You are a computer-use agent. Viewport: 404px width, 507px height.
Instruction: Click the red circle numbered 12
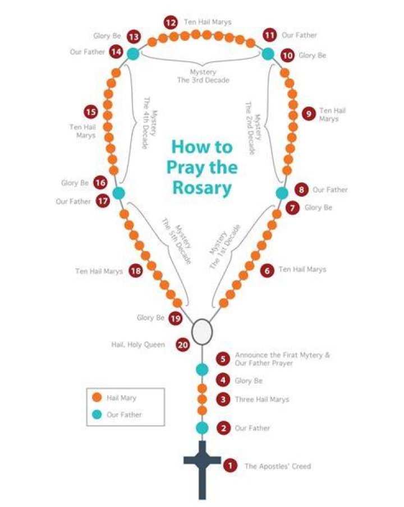pos(171,22)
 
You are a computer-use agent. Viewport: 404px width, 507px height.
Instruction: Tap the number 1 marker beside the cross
pos(230,465)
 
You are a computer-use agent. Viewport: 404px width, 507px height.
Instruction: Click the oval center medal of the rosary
pos(202,331)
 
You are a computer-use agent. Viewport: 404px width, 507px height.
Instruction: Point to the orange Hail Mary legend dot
pos(97,398)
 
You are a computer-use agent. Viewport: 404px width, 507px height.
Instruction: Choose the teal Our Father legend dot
pos(97,414)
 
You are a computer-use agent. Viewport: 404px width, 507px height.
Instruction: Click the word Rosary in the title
pos(202,187)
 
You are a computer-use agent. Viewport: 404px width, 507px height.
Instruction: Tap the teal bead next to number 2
pos(202,428)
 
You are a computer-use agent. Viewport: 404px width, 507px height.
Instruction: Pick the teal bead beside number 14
pos(133,54)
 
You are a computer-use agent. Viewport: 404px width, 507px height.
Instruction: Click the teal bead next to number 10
pos(268,54)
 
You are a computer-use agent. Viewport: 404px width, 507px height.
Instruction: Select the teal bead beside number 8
pos(282,193)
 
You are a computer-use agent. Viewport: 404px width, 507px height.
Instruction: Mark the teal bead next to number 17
pos(119,193)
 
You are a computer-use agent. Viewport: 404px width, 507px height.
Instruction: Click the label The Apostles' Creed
pos(278,466)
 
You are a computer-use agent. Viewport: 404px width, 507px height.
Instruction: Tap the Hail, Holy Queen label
pos(138,345)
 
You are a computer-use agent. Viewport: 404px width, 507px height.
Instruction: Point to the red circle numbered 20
pos(183,345)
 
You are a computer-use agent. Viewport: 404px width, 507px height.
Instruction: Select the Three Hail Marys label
pos(262,400)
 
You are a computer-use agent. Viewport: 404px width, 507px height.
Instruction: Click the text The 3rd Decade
pos(203,80)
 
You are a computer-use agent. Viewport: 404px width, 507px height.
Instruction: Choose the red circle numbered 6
pos(267,270)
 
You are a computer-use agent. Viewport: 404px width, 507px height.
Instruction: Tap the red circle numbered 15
pos(91,112)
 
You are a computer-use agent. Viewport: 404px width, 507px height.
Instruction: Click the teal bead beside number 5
pos(202,369)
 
